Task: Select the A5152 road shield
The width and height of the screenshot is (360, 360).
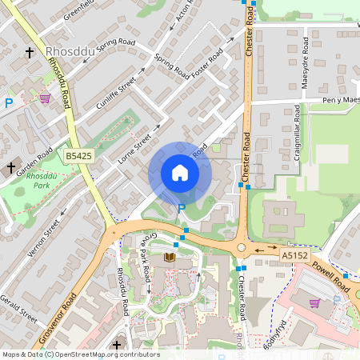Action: [294, 254]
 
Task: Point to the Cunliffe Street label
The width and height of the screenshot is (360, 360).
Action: [117, 93]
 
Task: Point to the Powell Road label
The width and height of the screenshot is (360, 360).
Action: [331, 277]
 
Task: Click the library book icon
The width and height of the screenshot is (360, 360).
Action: [170, 257]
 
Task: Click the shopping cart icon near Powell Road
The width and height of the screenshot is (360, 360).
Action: [314, 303]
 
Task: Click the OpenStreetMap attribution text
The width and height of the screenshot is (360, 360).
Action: [81, 354]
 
